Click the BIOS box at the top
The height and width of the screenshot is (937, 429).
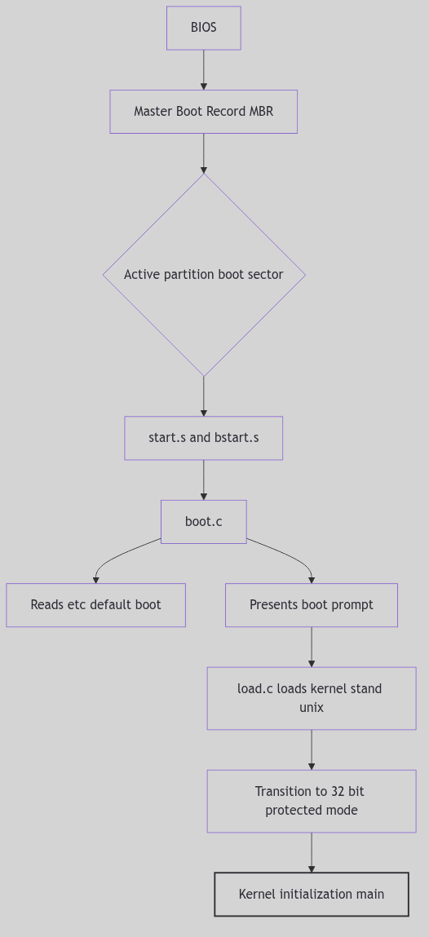(203, 28)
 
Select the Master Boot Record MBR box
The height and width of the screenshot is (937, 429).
(203, 112)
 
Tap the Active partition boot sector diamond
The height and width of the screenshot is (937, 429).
(204, 275)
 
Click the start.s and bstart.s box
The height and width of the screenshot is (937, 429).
(203, 438)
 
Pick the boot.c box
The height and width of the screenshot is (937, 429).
(203, 522)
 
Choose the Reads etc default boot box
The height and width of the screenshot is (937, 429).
(95, 605)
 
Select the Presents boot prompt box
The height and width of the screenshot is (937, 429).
(311, 605)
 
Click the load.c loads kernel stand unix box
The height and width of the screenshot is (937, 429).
(311, 698)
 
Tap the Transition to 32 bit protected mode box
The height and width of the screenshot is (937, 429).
(311, 801)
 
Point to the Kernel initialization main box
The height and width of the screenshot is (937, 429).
(311, 895)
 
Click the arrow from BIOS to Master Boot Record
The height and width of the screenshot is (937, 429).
(204, 69)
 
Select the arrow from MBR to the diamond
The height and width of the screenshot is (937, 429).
(204, 152)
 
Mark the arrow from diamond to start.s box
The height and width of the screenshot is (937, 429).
(204, 396)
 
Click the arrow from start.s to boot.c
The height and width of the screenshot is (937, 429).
(204, 480)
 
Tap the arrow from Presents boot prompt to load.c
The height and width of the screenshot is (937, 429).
(312, 647)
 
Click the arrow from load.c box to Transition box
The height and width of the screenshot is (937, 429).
(312, 749)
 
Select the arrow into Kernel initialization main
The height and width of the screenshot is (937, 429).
(312, 852)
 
